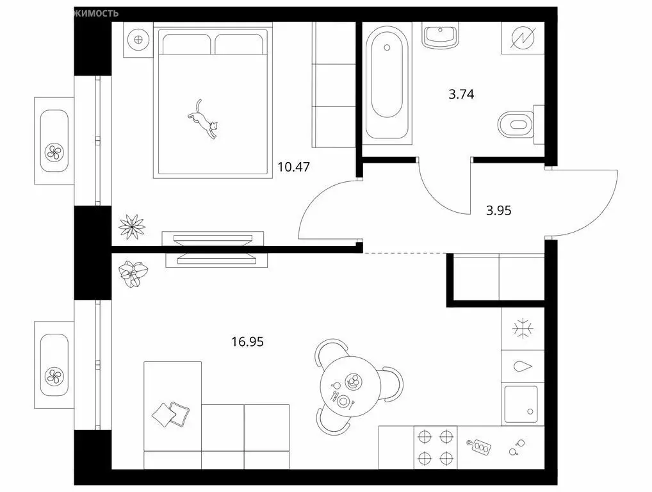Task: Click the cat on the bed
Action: pos(204,121)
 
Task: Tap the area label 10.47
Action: pos(293,167)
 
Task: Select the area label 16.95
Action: pos(247,341)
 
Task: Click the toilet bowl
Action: pos(516,124)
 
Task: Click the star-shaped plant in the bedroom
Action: pos(132,225)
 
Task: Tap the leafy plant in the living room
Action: pos(133,274)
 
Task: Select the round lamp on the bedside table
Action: pos(138,39)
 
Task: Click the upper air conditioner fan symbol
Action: pos(54,152)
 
